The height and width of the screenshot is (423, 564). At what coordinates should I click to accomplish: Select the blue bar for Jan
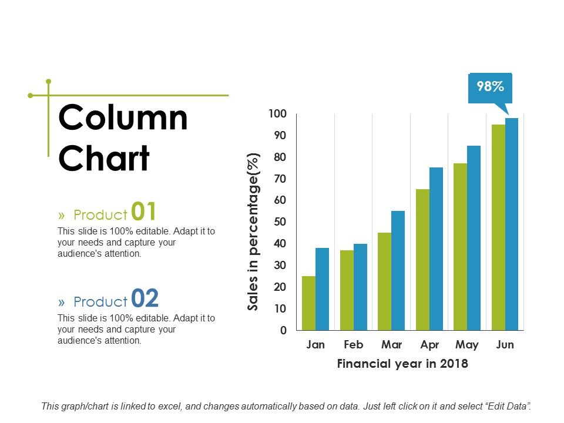pos(322,288)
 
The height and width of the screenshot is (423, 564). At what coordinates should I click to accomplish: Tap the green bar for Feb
pos(347,290)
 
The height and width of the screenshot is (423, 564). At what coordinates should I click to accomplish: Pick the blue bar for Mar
pos(398,270)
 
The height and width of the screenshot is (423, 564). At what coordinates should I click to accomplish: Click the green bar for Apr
pos(422,259)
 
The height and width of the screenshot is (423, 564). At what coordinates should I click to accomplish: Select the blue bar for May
pos(474,237)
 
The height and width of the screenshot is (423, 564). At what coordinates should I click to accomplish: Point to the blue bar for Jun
pos(512,224)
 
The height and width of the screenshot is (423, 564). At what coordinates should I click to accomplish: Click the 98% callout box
pos(490,87)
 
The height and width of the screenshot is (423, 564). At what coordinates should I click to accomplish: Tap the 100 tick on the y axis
pos(277,113)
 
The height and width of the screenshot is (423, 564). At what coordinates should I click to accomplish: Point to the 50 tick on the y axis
pos(280,222)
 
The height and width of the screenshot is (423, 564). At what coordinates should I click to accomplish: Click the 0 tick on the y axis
pos(283,331)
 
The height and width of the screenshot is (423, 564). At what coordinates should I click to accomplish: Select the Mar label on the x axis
pos(391,345)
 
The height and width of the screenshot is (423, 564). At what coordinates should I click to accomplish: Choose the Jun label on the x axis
pos(505,345)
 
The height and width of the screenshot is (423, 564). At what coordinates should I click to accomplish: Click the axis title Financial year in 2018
pos(402,364)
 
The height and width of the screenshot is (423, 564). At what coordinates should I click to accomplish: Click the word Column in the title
pos(123,118)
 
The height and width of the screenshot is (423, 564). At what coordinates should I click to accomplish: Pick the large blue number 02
pos(145,298)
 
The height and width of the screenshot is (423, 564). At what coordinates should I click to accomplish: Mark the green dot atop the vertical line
pos(49,81)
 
